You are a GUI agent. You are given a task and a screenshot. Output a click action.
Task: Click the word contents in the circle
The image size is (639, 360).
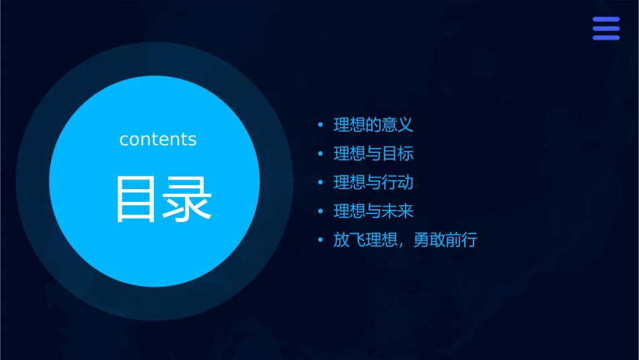click(x=158, y=139)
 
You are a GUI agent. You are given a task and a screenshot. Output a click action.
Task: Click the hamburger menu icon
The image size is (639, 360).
click(x=605, y=28)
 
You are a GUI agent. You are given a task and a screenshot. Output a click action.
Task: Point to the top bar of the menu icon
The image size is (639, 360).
click(x=605, y=20)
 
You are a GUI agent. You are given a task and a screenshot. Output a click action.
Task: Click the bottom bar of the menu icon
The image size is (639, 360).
click(x=605, y=38)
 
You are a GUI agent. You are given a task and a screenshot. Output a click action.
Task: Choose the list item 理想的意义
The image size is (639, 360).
click(x=373, y=124)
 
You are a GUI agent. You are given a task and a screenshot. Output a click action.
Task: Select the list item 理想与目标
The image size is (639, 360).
click(x=373, y=153)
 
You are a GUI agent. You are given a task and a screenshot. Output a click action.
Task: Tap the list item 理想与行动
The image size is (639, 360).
click(x=373, y=182)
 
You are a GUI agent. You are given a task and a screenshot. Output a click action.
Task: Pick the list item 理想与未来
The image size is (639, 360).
click(x=373, y=211)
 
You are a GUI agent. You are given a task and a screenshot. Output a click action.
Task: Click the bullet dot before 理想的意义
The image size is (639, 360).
click(x=320, y=125)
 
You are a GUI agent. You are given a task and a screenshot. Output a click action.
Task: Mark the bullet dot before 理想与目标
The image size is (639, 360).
click(x=320, y=154)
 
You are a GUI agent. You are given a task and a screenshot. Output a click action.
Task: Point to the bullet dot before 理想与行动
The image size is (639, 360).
click(x=320, y=183)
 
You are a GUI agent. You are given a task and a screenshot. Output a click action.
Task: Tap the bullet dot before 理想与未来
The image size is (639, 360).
click(x=320, y=212)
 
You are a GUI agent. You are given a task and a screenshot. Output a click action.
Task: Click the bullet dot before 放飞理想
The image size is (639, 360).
click(x=320, y=241)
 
